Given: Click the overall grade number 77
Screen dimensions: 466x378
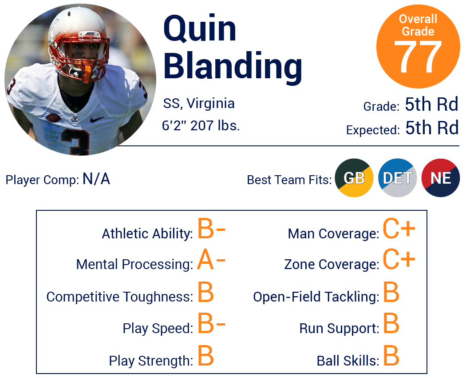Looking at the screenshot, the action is (418, 56).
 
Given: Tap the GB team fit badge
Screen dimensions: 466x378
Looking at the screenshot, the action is (354, 178).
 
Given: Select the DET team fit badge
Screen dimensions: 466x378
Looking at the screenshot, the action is (397, 178).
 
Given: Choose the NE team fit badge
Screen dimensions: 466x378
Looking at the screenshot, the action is (441, 178).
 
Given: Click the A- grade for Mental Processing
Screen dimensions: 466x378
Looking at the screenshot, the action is (211, 259).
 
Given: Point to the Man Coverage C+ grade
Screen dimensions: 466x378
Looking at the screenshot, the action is (399, 228).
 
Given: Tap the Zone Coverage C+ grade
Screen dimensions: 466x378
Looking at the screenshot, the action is (399, 259).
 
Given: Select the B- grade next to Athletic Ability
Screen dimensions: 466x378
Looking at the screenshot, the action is (211, 228).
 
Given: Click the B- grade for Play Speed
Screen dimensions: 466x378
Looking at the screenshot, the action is (211, 323).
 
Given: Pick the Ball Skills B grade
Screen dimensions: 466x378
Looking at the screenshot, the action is (391, 355).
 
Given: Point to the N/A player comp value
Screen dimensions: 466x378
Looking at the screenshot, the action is (96, 179).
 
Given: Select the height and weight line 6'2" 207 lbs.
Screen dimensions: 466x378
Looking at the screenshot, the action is (201, 125).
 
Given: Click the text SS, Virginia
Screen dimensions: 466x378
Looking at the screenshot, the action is (199, 104).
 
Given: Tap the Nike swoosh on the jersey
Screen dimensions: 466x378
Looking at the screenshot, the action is (97, 119).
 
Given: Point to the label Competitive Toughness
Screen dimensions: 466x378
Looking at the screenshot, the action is (119, 297).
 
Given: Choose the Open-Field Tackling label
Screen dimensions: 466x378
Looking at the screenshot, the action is (316, 297).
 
